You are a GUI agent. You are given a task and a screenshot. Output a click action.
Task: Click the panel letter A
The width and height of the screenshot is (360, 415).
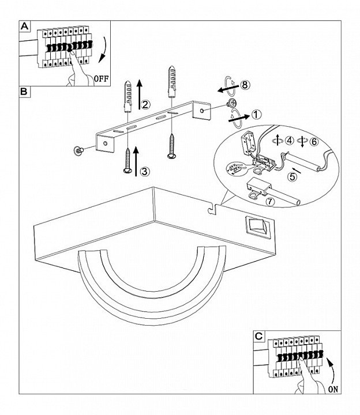coord(24,27)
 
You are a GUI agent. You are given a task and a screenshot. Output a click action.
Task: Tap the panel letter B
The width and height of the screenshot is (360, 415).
coord(24,92)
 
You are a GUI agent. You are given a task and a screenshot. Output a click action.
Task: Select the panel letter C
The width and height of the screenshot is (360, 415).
coord(258,336)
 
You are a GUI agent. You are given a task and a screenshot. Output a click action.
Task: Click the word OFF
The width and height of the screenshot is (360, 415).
coord(102,78)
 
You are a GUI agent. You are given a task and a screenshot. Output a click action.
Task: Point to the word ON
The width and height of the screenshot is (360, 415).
coord(333,389)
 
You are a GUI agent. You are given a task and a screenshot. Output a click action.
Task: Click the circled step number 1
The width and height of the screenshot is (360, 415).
coord(256,115)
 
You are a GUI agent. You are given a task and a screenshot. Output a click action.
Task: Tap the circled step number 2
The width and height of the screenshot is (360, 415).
coord(145,104)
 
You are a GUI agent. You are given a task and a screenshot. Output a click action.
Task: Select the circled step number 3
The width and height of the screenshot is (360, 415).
coord(144,172)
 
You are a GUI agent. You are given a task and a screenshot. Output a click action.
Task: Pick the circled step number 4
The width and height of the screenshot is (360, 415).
coord(290,140)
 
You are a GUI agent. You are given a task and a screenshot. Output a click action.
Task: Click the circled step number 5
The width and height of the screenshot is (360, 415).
coord(292,176)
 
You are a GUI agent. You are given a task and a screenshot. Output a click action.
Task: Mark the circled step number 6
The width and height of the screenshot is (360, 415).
coord(314,142)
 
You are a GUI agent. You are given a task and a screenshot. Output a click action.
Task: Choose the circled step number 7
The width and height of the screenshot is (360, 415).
coord(269,201)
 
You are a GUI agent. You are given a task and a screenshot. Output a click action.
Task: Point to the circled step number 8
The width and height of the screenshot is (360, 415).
coord(245,85)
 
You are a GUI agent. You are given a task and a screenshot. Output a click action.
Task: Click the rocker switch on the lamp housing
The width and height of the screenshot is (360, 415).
coord(258,227)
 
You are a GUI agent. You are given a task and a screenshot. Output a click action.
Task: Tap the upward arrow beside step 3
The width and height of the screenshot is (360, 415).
coord(136,161)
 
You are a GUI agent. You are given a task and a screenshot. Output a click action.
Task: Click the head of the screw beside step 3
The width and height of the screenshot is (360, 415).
coord(127,170)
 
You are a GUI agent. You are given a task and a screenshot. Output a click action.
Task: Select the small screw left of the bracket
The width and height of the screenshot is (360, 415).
coord(78,150)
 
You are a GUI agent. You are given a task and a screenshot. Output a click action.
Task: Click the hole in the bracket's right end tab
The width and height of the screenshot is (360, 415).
coord(202,111)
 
